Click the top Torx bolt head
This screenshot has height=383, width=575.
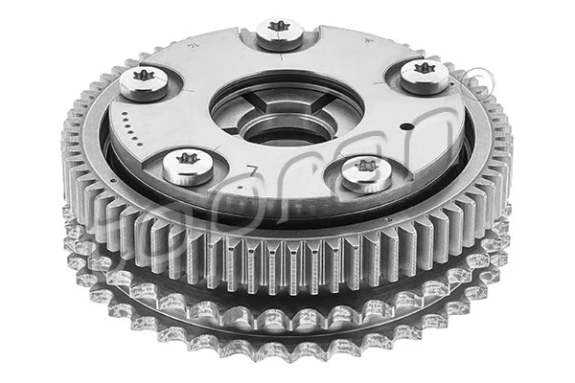click(x=280, y=32)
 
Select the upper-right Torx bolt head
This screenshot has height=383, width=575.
click(x=424, y=74)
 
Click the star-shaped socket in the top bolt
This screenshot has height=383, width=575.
click(x=280, y=27)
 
